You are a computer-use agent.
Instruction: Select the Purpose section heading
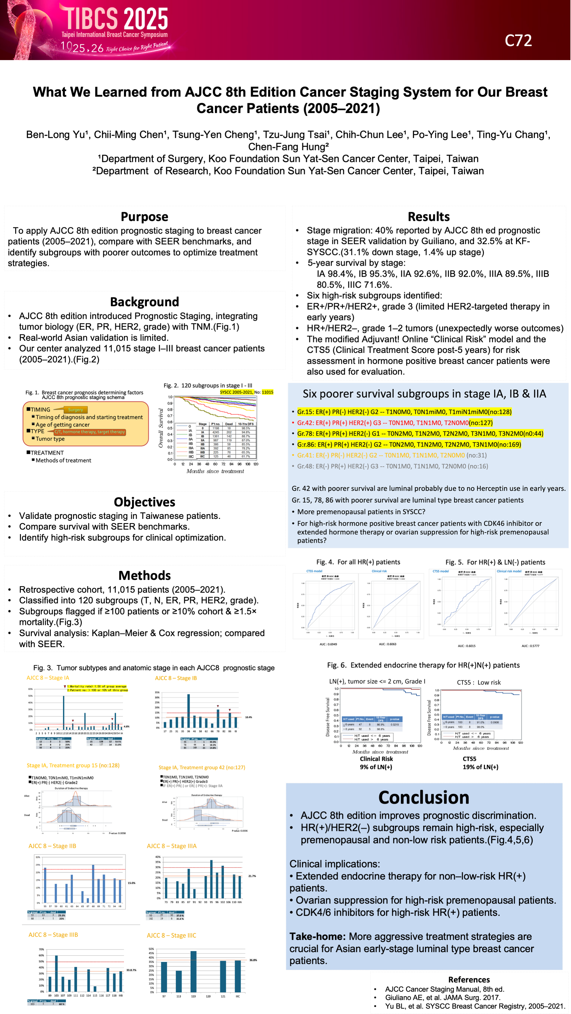pos(145,217)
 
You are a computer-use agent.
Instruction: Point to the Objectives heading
pos(145,502)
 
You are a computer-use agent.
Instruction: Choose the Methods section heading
pos(145,575)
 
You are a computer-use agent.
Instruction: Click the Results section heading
pos(429,217)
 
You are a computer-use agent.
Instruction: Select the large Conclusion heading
pos(424,797)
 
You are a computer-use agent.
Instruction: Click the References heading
pos(469,980)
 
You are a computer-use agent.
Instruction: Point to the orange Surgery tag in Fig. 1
pos(75,410)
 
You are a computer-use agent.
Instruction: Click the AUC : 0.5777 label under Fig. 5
pos(530,646)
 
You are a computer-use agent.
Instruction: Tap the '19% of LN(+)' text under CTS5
pos(480,767)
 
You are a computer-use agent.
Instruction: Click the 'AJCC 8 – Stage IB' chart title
pos(175,678)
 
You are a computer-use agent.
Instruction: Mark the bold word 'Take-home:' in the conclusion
pos(318,936)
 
